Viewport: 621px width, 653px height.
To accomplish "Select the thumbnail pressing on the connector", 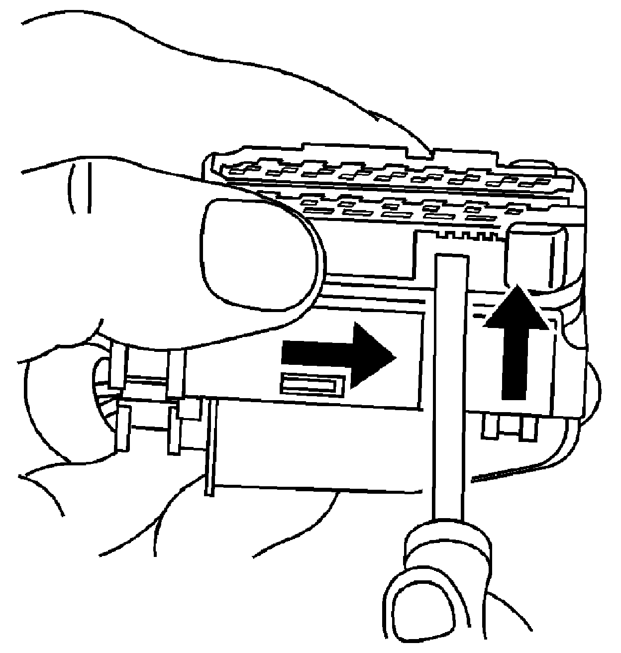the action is (x=259, y=254).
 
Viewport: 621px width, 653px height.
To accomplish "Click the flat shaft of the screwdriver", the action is (x=451, y=388).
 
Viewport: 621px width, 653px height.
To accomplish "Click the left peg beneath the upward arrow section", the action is (x=491, y=427).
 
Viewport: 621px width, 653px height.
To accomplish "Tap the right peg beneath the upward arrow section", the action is (x=527, y=429).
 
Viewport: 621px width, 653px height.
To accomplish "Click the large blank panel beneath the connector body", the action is (x=318, y=448).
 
